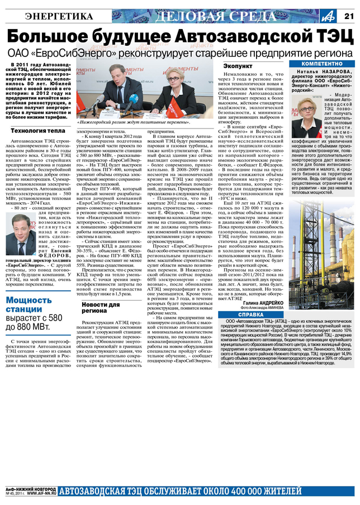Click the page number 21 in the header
pos(349,15)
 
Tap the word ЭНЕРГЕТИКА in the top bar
pos(59,16)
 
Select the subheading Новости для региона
pos(101,307)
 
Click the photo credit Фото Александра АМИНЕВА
pos(263,308)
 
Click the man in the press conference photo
pos(120,87)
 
